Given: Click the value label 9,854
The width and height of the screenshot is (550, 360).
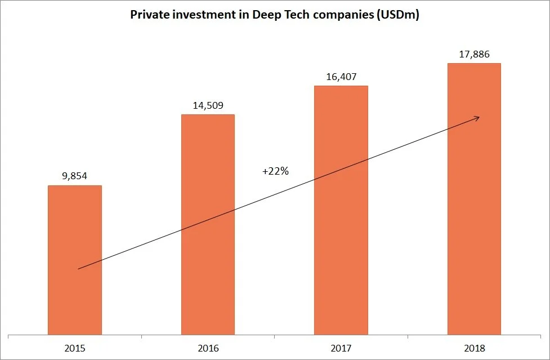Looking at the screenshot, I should point(75,176).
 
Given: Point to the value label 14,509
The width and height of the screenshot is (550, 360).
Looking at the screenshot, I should point(208,105).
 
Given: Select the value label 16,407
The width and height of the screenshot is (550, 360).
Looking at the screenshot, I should point(341,76).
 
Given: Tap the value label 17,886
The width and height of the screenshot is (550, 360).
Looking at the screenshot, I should point(474,54).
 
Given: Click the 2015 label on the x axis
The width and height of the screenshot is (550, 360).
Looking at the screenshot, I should point(75,348).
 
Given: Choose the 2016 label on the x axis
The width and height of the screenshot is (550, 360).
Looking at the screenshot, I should point(208,348).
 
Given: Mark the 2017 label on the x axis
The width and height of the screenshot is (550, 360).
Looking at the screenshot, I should point(341,348).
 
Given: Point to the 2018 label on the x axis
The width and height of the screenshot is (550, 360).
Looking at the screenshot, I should point(474,348).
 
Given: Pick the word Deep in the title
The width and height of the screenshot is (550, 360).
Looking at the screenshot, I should point(257,15).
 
